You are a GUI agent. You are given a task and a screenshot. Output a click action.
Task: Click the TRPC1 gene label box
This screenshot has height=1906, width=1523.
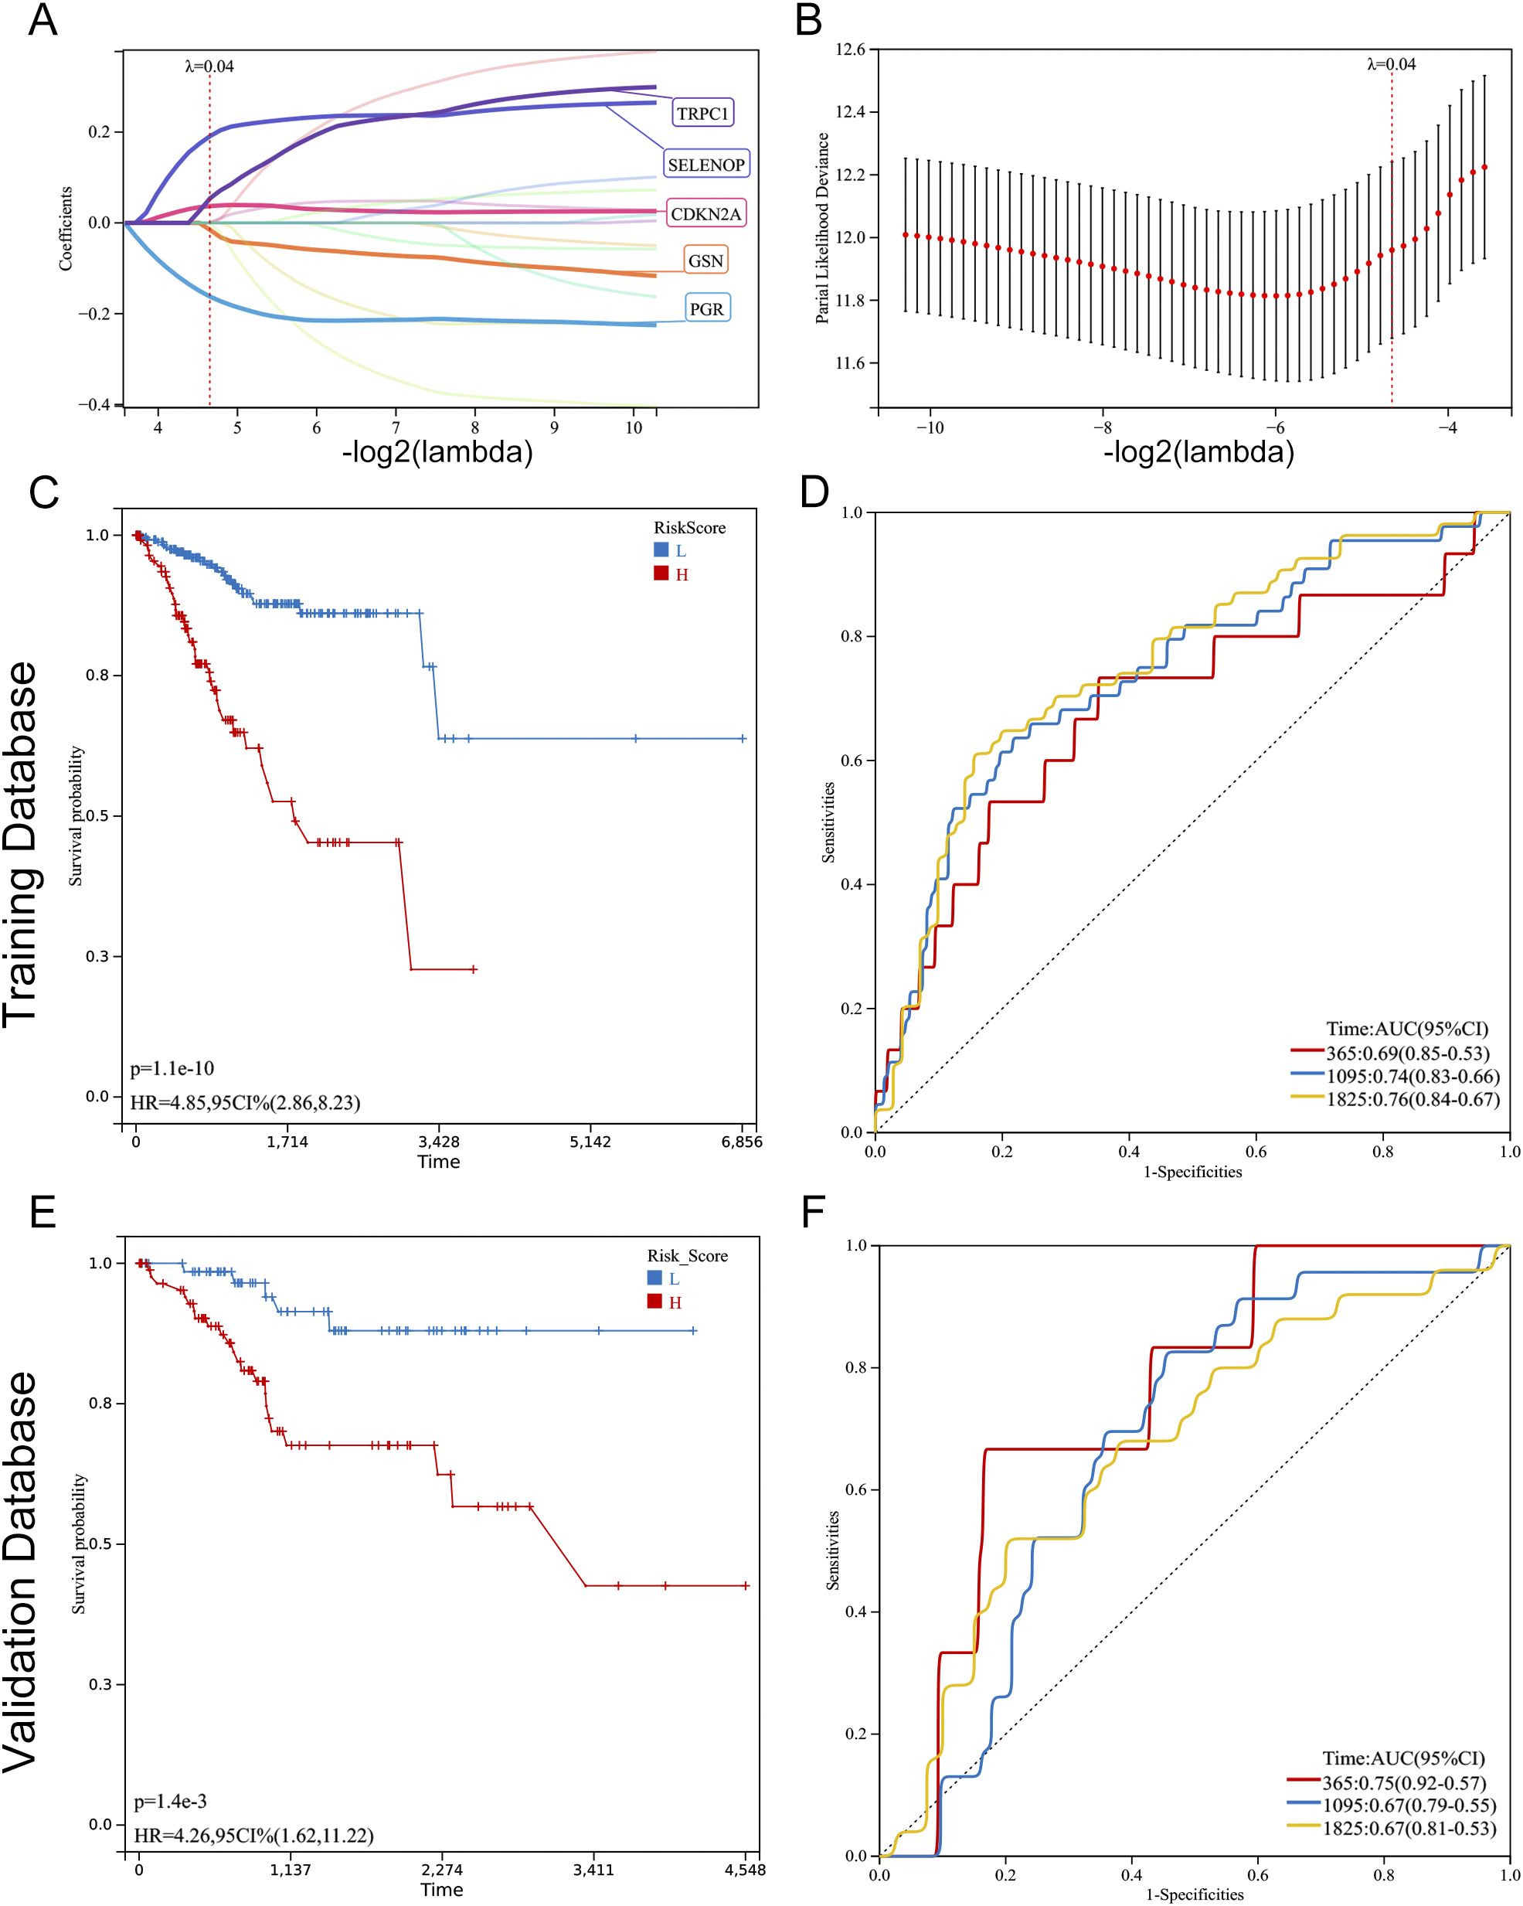click(x=702, y=113)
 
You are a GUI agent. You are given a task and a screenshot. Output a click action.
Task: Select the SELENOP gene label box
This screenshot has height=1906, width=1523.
click(x=705, y=165)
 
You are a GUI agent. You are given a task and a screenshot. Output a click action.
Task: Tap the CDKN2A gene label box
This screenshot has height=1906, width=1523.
click(x=705, y=214)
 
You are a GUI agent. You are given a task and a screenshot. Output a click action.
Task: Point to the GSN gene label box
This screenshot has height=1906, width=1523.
click(x=705, y=260)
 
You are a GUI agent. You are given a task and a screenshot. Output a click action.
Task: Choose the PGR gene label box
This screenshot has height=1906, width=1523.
click(x=706, y=308)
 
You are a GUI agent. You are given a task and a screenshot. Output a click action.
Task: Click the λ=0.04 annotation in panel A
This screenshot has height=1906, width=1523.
click(x=209, y=66)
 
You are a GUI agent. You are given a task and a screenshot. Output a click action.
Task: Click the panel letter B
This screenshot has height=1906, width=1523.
click(x=808, y=19)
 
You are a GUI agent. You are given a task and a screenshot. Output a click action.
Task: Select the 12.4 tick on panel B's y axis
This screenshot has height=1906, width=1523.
click(x=850, y=112)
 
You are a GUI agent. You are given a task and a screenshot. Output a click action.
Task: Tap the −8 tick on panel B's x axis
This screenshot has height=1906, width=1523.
click(x=1101, y=428)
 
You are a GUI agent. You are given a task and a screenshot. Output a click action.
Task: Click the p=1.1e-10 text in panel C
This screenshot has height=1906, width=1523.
click(x=172, y=1069)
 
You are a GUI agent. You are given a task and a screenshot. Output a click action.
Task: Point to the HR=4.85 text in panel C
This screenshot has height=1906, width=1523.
click(x=245, y=1102)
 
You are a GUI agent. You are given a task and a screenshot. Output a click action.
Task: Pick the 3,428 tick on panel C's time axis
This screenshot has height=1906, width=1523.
click(x=438, y=1142)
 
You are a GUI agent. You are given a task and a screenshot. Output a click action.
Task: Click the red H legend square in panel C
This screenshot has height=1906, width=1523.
click(x=661, y=574)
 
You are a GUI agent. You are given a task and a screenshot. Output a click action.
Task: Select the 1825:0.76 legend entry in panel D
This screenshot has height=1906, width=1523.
click(x=1412, y=1100)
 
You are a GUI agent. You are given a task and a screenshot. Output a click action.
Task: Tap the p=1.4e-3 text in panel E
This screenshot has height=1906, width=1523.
click(x=170, y=1801)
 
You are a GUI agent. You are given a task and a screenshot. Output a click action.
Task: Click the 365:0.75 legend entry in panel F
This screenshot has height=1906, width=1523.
click(x=1404, y=1783)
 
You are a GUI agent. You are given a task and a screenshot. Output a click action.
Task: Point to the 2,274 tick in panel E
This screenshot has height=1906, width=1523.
click(x=441, y=1870)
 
